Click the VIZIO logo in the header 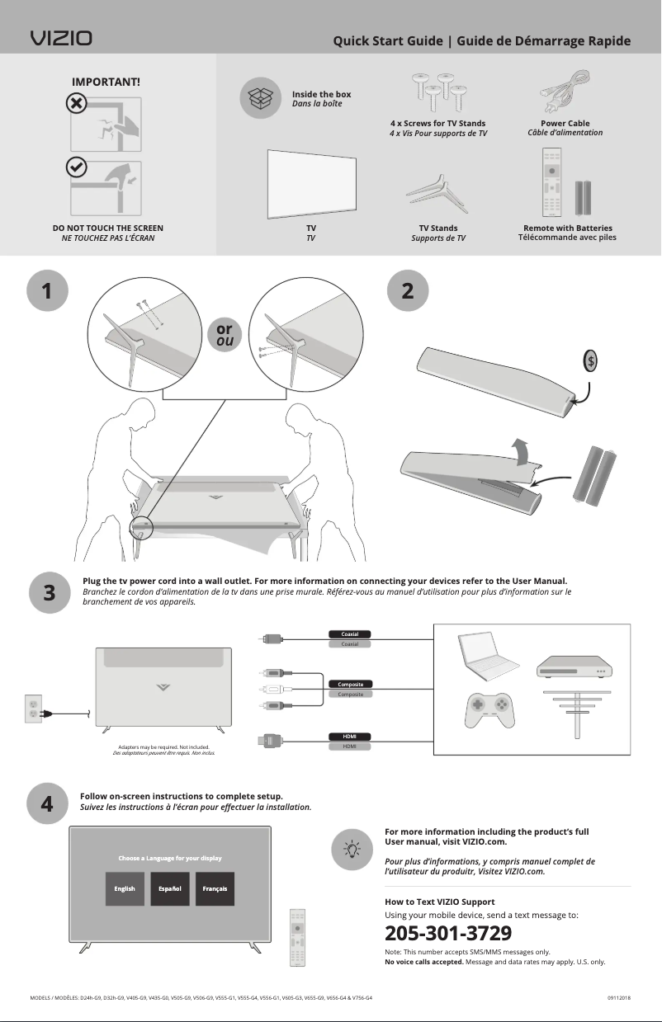pyautogui.click(x=61, y=39)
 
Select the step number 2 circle pyautogui.click(x=408, y=291)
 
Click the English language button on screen pyautogui.click(x=125, y=889)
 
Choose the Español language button pyautogui.click(x=170, y=889)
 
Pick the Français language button pyautogui.click(x=215, y=889)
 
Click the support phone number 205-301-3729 pyautogui.click(x=448, y=934)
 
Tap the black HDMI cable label pyautogui.click(x=349, y=736)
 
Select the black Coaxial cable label pyautogui.click(x=349, y=633)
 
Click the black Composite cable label pyautogui.click(x=350, y=684)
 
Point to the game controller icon pyautogui.click(x=490, y=704)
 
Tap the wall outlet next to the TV pyautogui.click(x=34, y=709)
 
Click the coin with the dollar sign pyautogui.click(x=590, y=360)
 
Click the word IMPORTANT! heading pyautogui.click(x=106, y=82)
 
